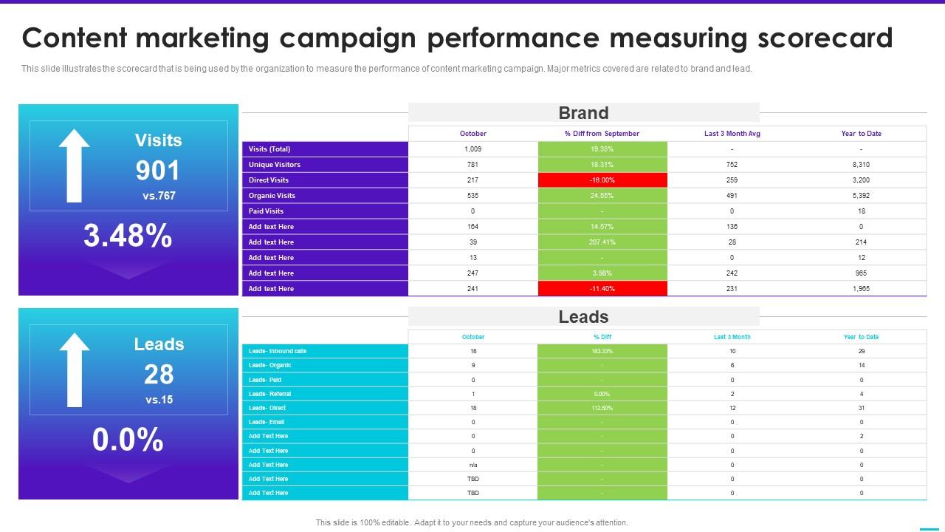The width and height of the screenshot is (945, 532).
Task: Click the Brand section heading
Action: click(x=583, y=113)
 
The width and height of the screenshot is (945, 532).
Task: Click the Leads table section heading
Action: click(x=583, y=317)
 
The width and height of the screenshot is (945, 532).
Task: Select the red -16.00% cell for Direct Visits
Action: click(x=602, y=180)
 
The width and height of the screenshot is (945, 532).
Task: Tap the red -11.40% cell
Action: click(x=602, y=289)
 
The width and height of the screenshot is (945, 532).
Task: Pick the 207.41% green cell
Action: click(x=602, y=242)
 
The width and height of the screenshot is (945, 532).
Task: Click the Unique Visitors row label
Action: click(x=275, y=165)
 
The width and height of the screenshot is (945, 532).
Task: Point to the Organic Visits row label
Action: click(x=272, y=196)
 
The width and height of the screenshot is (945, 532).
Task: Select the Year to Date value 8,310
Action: click(x=861, y=165)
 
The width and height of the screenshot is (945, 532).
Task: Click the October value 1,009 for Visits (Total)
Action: click(x=472, y=149)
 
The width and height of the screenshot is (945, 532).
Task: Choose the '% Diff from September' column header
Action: click(x=602, y=134)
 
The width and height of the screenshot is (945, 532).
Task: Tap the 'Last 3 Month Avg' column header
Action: click(x=732, y=134)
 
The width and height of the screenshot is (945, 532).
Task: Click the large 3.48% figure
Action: click(x=128, y=236)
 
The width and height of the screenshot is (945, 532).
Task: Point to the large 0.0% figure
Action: click(x=128, y=440)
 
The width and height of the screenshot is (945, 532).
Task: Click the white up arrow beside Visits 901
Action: click(x=74, y=166)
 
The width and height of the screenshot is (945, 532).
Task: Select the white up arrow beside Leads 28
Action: click(x=74, y=369)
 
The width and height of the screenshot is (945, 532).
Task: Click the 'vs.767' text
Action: click(x=159, y=197)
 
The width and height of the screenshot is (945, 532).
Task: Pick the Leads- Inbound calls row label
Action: click(x=278, y=352)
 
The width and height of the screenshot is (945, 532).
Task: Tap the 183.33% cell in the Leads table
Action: click(x=602, y=352)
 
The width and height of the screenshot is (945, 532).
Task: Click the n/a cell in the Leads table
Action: click(x=472, y=465)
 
